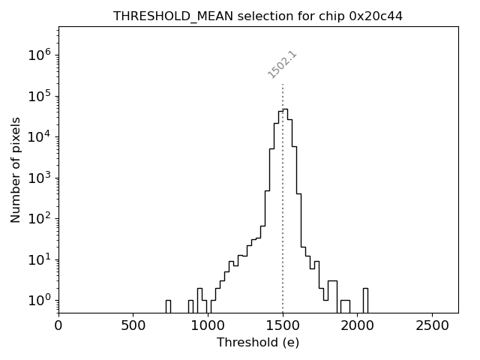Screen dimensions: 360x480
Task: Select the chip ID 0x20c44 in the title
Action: click(x=376, y=16)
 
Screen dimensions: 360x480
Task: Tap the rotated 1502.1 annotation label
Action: click(x=283, y=64)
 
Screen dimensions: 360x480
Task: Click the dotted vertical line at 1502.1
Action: click(x=283, y=187)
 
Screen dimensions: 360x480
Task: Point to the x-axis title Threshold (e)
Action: click(x=258, y=343)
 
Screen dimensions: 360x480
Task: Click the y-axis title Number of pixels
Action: click(x=16, y=169)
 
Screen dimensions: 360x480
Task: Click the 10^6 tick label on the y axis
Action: click(x=40, y=55)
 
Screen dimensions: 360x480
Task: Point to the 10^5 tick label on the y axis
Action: click(x=40, y=96)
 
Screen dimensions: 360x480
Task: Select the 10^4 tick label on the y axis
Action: click(x=40, y=136)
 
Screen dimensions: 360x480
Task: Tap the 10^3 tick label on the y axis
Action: click(x=40, y=178)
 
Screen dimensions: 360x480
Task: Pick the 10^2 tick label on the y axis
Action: click(x=40, y=218)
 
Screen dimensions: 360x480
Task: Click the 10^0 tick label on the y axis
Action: click(x=40, y=300)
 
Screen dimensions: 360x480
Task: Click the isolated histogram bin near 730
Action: click(x=168, y=306)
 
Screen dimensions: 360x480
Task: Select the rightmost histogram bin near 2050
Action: click(x=365, y=300)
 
